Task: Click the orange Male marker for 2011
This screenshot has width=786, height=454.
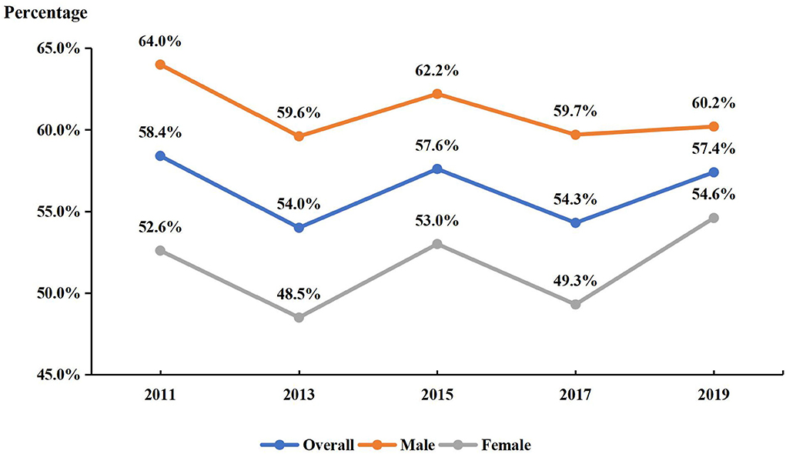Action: pos(160,65)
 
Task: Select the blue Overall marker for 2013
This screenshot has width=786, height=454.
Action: pos(299,228)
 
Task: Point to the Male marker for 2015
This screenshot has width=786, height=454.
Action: pos(436,94)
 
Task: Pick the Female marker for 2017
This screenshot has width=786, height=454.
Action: pos(575,304)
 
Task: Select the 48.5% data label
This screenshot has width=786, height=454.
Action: pos(299,293)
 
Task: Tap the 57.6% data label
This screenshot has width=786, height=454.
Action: pos(436,145)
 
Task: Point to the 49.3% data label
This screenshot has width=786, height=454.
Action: pos(575,281)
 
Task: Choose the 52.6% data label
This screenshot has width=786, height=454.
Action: pos(160,227)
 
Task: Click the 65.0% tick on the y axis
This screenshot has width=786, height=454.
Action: pos(59,48)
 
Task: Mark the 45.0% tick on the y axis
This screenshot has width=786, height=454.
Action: pos(59,375)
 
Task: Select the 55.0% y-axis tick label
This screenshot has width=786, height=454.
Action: pos(59,212)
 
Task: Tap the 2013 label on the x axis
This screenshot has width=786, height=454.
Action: pos(299,395)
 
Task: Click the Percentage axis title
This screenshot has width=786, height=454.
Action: pos(47,13)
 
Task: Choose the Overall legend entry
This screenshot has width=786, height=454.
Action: pos(307,444)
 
